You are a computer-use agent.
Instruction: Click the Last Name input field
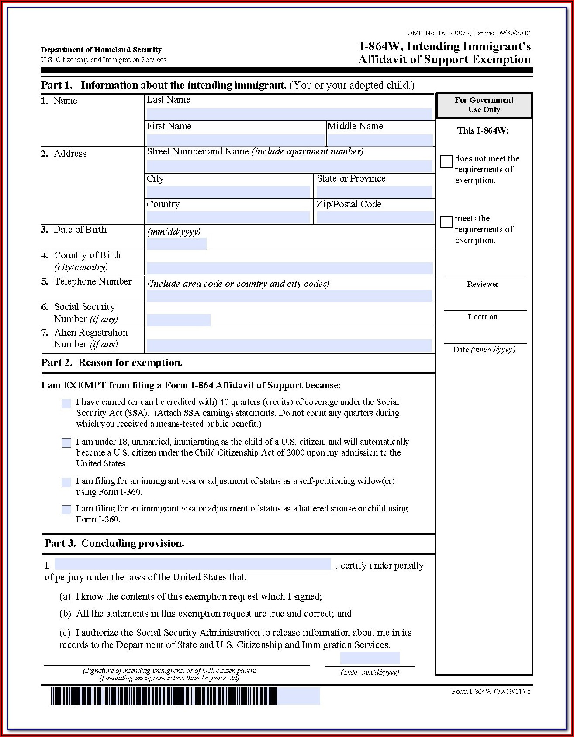click(289, 114)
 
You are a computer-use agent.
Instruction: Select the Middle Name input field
click(380, 140)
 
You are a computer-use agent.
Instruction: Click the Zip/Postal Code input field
click(374, 217)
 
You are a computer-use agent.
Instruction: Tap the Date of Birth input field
click(176, 243)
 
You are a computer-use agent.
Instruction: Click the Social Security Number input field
click(178, 320)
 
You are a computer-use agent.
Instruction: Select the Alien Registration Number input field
click(289, 346)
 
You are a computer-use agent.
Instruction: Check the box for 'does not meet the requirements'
click(446, 161)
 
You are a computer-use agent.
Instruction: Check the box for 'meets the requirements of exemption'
click(446, 222)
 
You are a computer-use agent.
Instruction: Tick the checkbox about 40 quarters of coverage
click(66, 404)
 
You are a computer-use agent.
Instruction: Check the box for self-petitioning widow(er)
click(66, 482)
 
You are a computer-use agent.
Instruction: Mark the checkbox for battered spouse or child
click(66, 510)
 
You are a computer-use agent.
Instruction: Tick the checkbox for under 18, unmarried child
click(66, 443)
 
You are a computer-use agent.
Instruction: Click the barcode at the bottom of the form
click(164, 696)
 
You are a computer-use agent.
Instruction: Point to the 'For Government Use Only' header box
click(484, 105)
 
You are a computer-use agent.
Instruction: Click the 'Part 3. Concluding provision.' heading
click(114, 543)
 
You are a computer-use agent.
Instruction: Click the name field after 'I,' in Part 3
click(193, 564)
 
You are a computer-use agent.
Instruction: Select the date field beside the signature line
click(370, 658)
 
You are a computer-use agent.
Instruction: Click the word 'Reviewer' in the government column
click(482, 284)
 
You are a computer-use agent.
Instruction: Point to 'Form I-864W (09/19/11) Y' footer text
click(491, 691)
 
